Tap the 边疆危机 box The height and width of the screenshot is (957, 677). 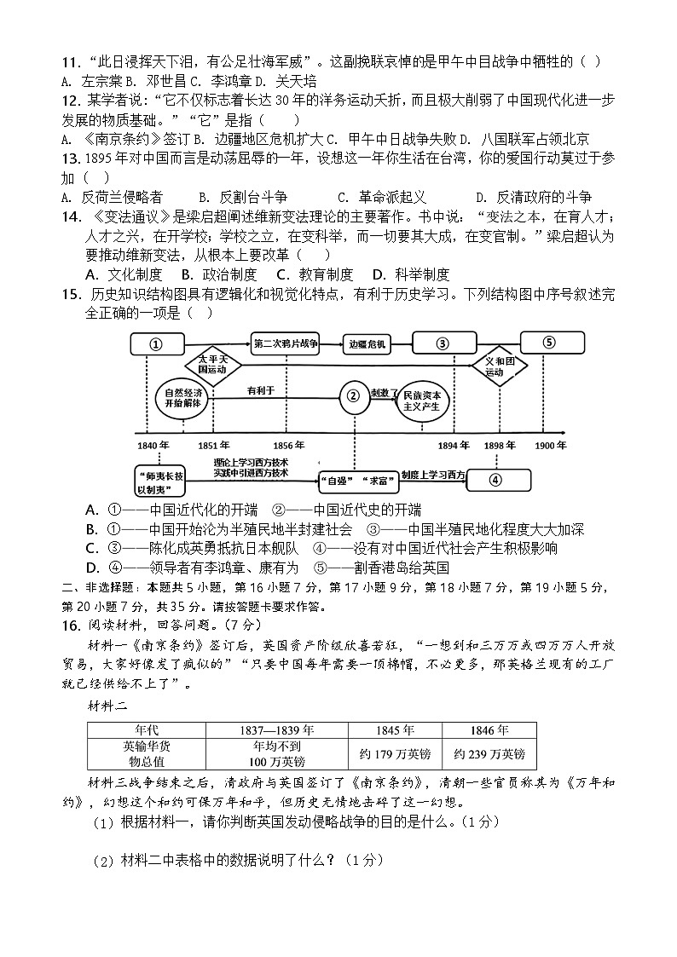click(x=367, y=344)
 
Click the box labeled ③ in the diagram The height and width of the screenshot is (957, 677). click(x=443, y=344)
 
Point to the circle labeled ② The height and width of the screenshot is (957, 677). click(x=352, y=395)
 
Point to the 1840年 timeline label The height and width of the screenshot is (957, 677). click(x=153, y=445)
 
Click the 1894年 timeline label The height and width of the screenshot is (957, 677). click(x=454, y=445)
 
